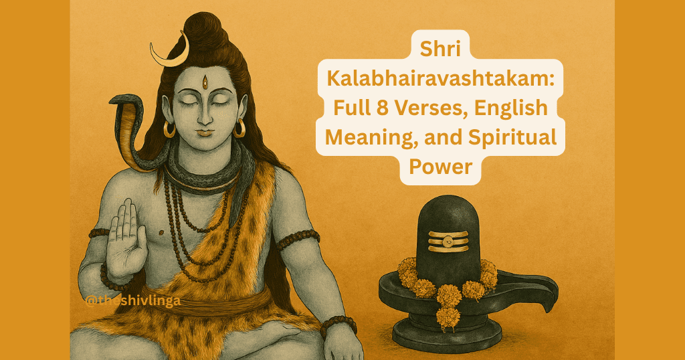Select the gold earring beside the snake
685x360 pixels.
(x=169, y=128)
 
